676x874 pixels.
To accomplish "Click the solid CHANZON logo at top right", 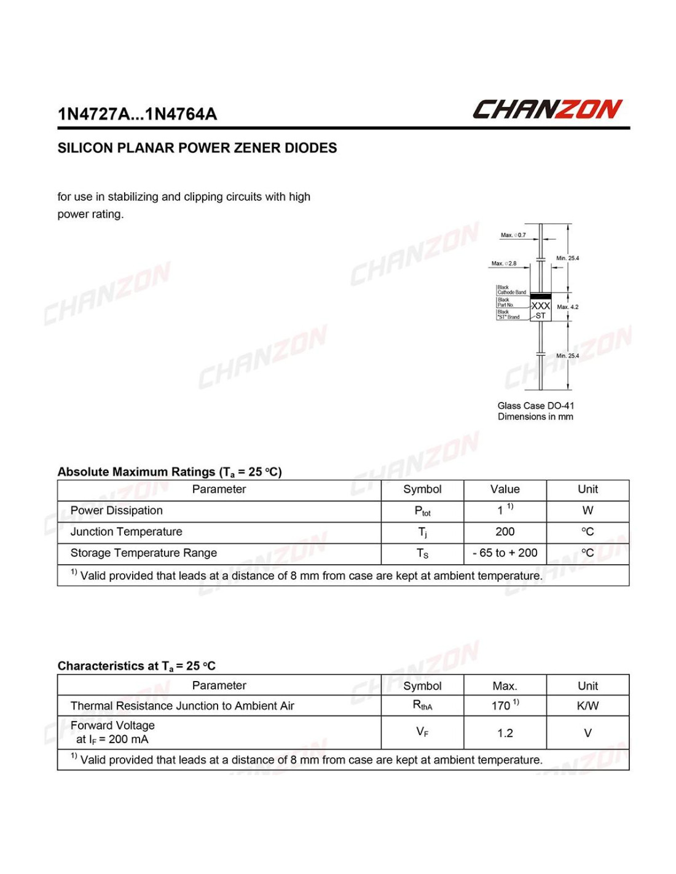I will (547, 109).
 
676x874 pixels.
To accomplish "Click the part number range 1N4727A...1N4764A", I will (137, 114).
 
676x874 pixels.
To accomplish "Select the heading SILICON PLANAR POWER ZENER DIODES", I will (197, 148).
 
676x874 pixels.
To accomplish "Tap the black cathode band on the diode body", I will (540, 296).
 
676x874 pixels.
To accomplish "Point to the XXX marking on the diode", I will (540, 305).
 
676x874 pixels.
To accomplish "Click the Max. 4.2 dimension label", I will (567, 307).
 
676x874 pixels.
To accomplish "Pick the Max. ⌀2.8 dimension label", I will (504, 264).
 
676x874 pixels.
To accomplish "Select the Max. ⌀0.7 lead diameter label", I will (513, 235).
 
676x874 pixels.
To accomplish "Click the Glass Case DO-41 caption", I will (535, 406).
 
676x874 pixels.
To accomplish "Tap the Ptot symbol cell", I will (422, 511).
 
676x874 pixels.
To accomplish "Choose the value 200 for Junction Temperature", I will (505, 532).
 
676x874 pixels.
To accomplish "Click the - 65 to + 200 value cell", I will (505, 553).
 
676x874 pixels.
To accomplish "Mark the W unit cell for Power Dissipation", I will (588, 511).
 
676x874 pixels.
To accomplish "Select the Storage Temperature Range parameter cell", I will (144, 553).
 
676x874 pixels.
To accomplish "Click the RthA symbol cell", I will (422, 706).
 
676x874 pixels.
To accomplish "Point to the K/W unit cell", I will (588, 706).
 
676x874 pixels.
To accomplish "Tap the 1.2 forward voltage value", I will (505, 733).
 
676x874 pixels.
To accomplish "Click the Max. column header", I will (505, 686).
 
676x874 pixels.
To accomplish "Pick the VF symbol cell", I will (422, 732).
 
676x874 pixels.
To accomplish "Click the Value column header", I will (505, 490).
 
